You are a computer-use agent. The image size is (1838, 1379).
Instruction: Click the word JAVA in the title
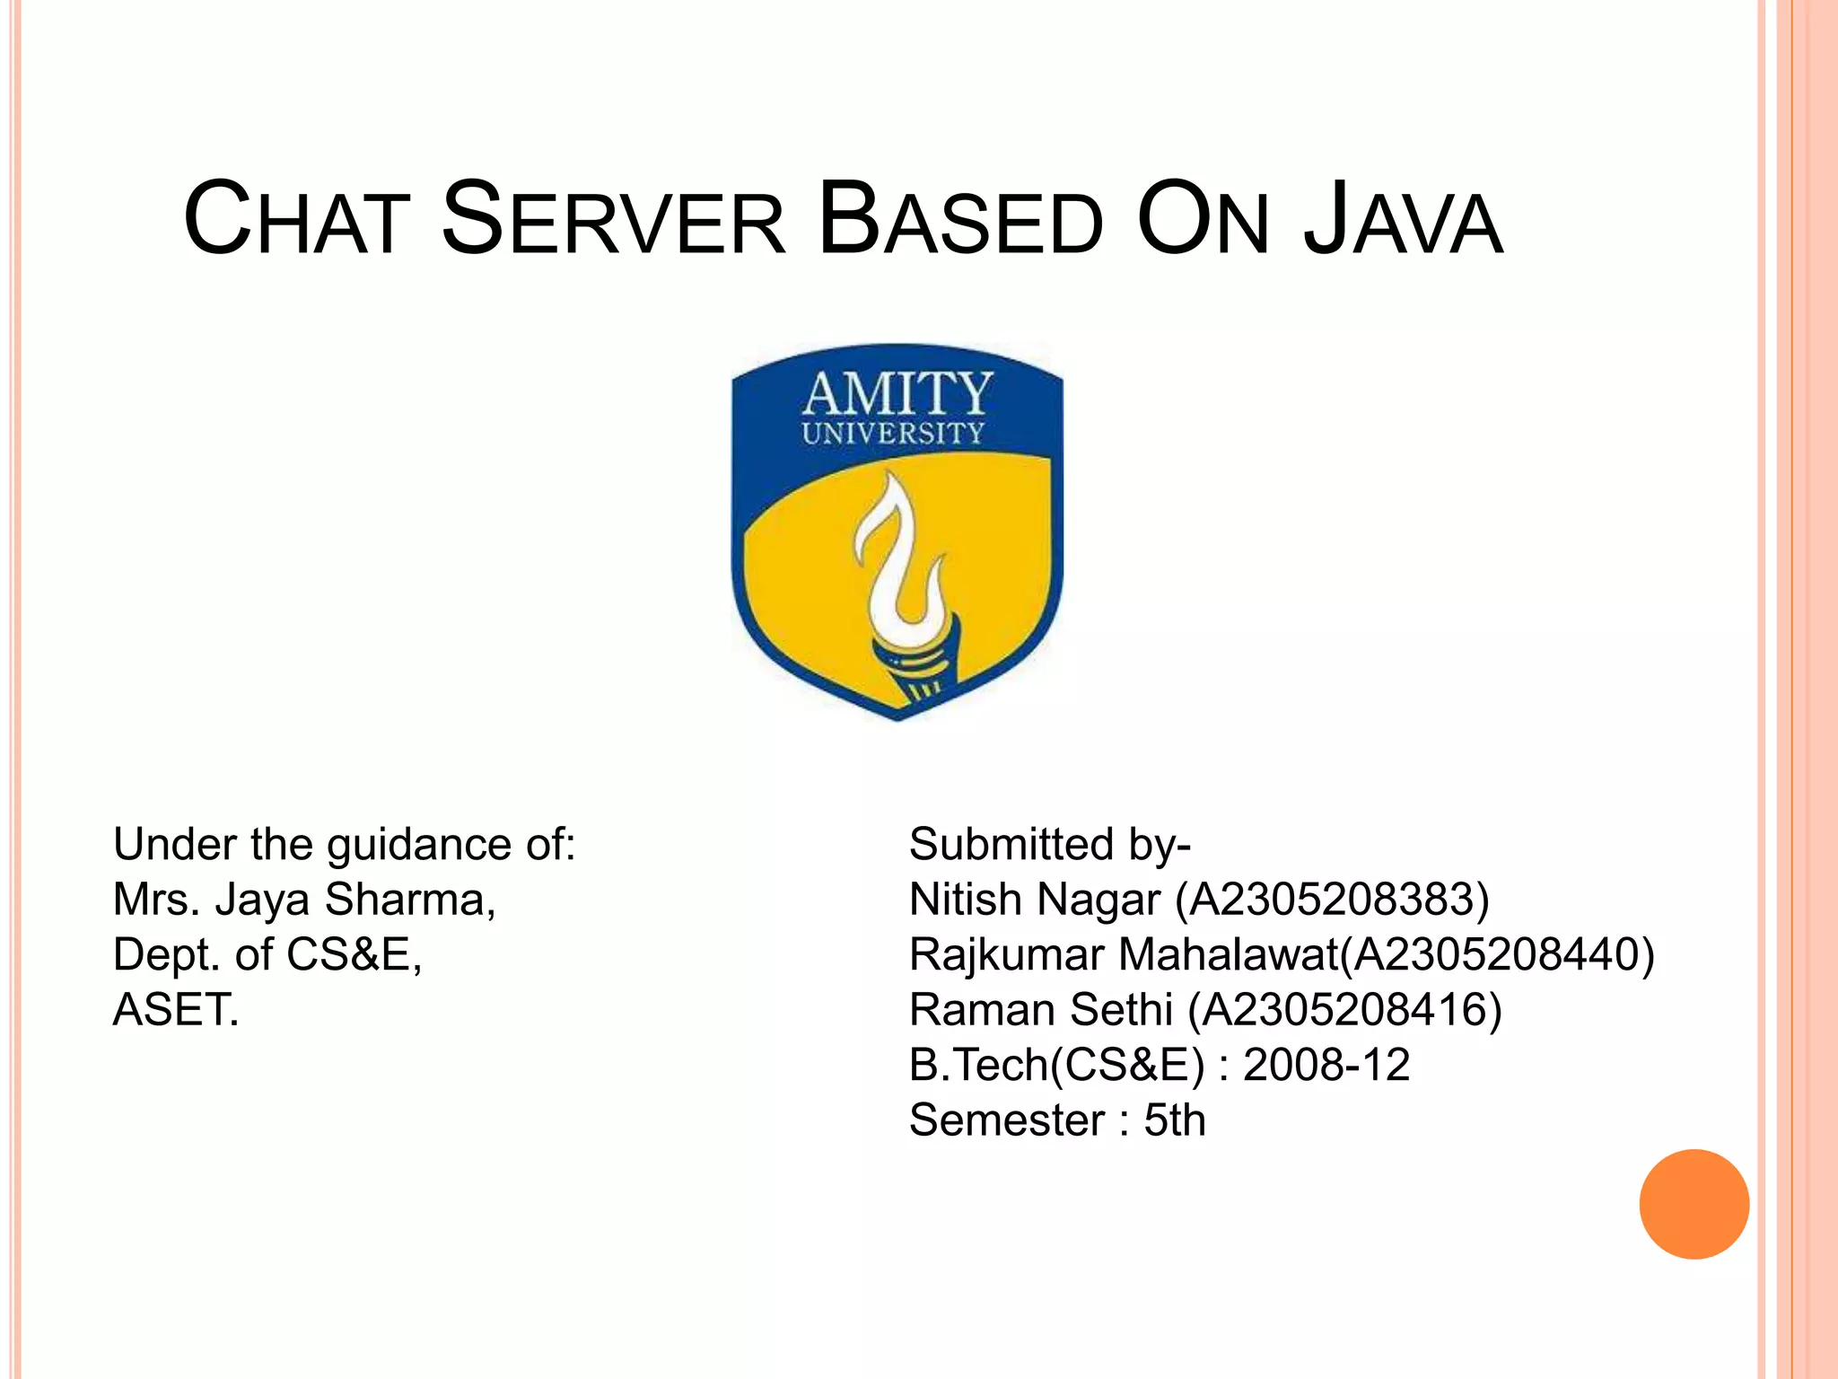click(1402, 220)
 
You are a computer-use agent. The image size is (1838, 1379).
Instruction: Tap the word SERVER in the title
click(614, 220)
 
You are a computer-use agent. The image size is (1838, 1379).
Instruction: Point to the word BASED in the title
click(960, 220)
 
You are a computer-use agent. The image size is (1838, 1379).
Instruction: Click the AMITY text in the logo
click(897, 393)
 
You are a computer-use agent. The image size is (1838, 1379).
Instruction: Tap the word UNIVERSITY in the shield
click(893, 434)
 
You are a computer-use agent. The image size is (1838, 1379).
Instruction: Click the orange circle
click(1694, 1204)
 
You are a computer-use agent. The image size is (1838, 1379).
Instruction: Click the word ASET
click(176, 1010)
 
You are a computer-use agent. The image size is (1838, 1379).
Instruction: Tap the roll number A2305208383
click(1332, 900)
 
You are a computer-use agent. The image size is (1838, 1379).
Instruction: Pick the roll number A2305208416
click(1344, 1010)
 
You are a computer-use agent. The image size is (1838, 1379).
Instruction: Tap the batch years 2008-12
click(1326, 1065)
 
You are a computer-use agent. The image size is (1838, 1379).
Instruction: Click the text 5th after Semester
click(1174, 1120)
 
